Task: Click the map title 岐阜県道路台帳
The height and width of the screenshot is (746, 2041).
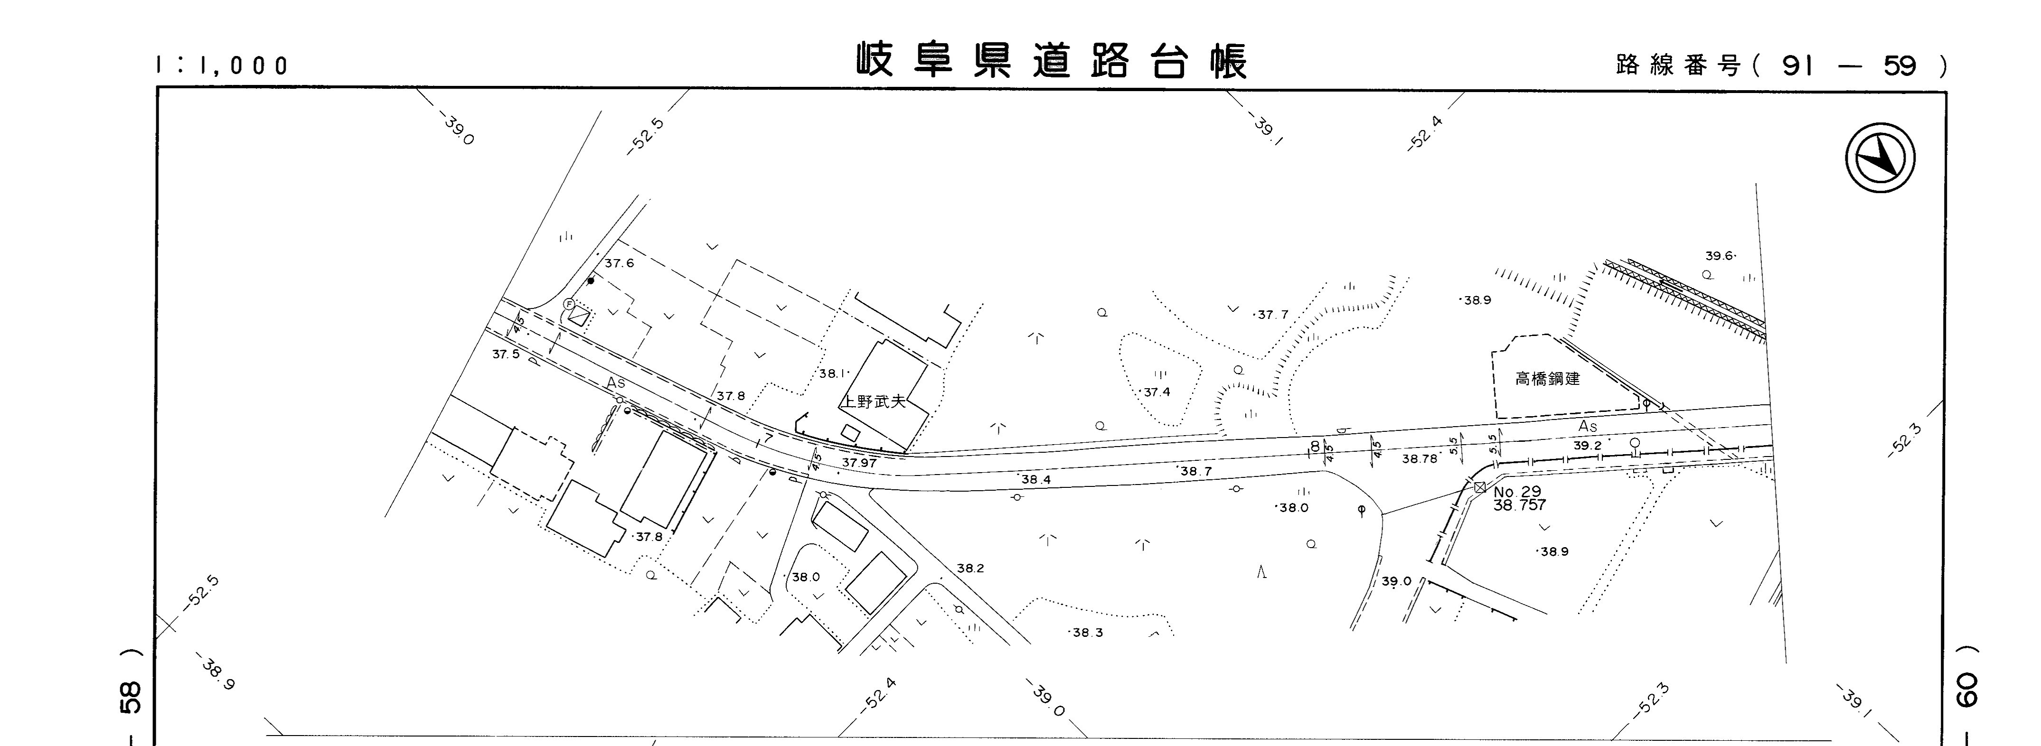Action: click(x=1052, y=60)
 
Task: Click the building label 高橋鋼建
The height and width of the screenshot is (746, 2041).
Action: click(x=1547, y=379)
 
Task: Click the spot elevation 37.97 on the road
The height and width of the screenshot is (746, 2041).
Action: click(x=859, y=463)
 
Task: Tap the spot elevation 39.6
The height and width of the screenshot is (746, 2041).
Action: click(x=1719, y=256)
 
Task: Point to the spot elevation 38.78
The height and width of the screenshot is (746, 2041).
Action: click(x=1419, y=458)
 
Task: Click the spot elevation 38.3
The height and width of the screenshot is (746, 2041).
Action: click(x=1087, y=633)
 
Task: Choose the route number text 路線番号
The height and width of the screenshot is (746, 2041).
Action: click(x=1678, y=65)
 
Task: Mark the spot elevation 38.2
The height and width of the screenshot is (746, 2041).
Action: click(x=970, y=569)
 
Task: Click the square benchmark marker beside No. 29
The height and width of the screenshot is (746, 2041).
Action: click(x=1479, y=487)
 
